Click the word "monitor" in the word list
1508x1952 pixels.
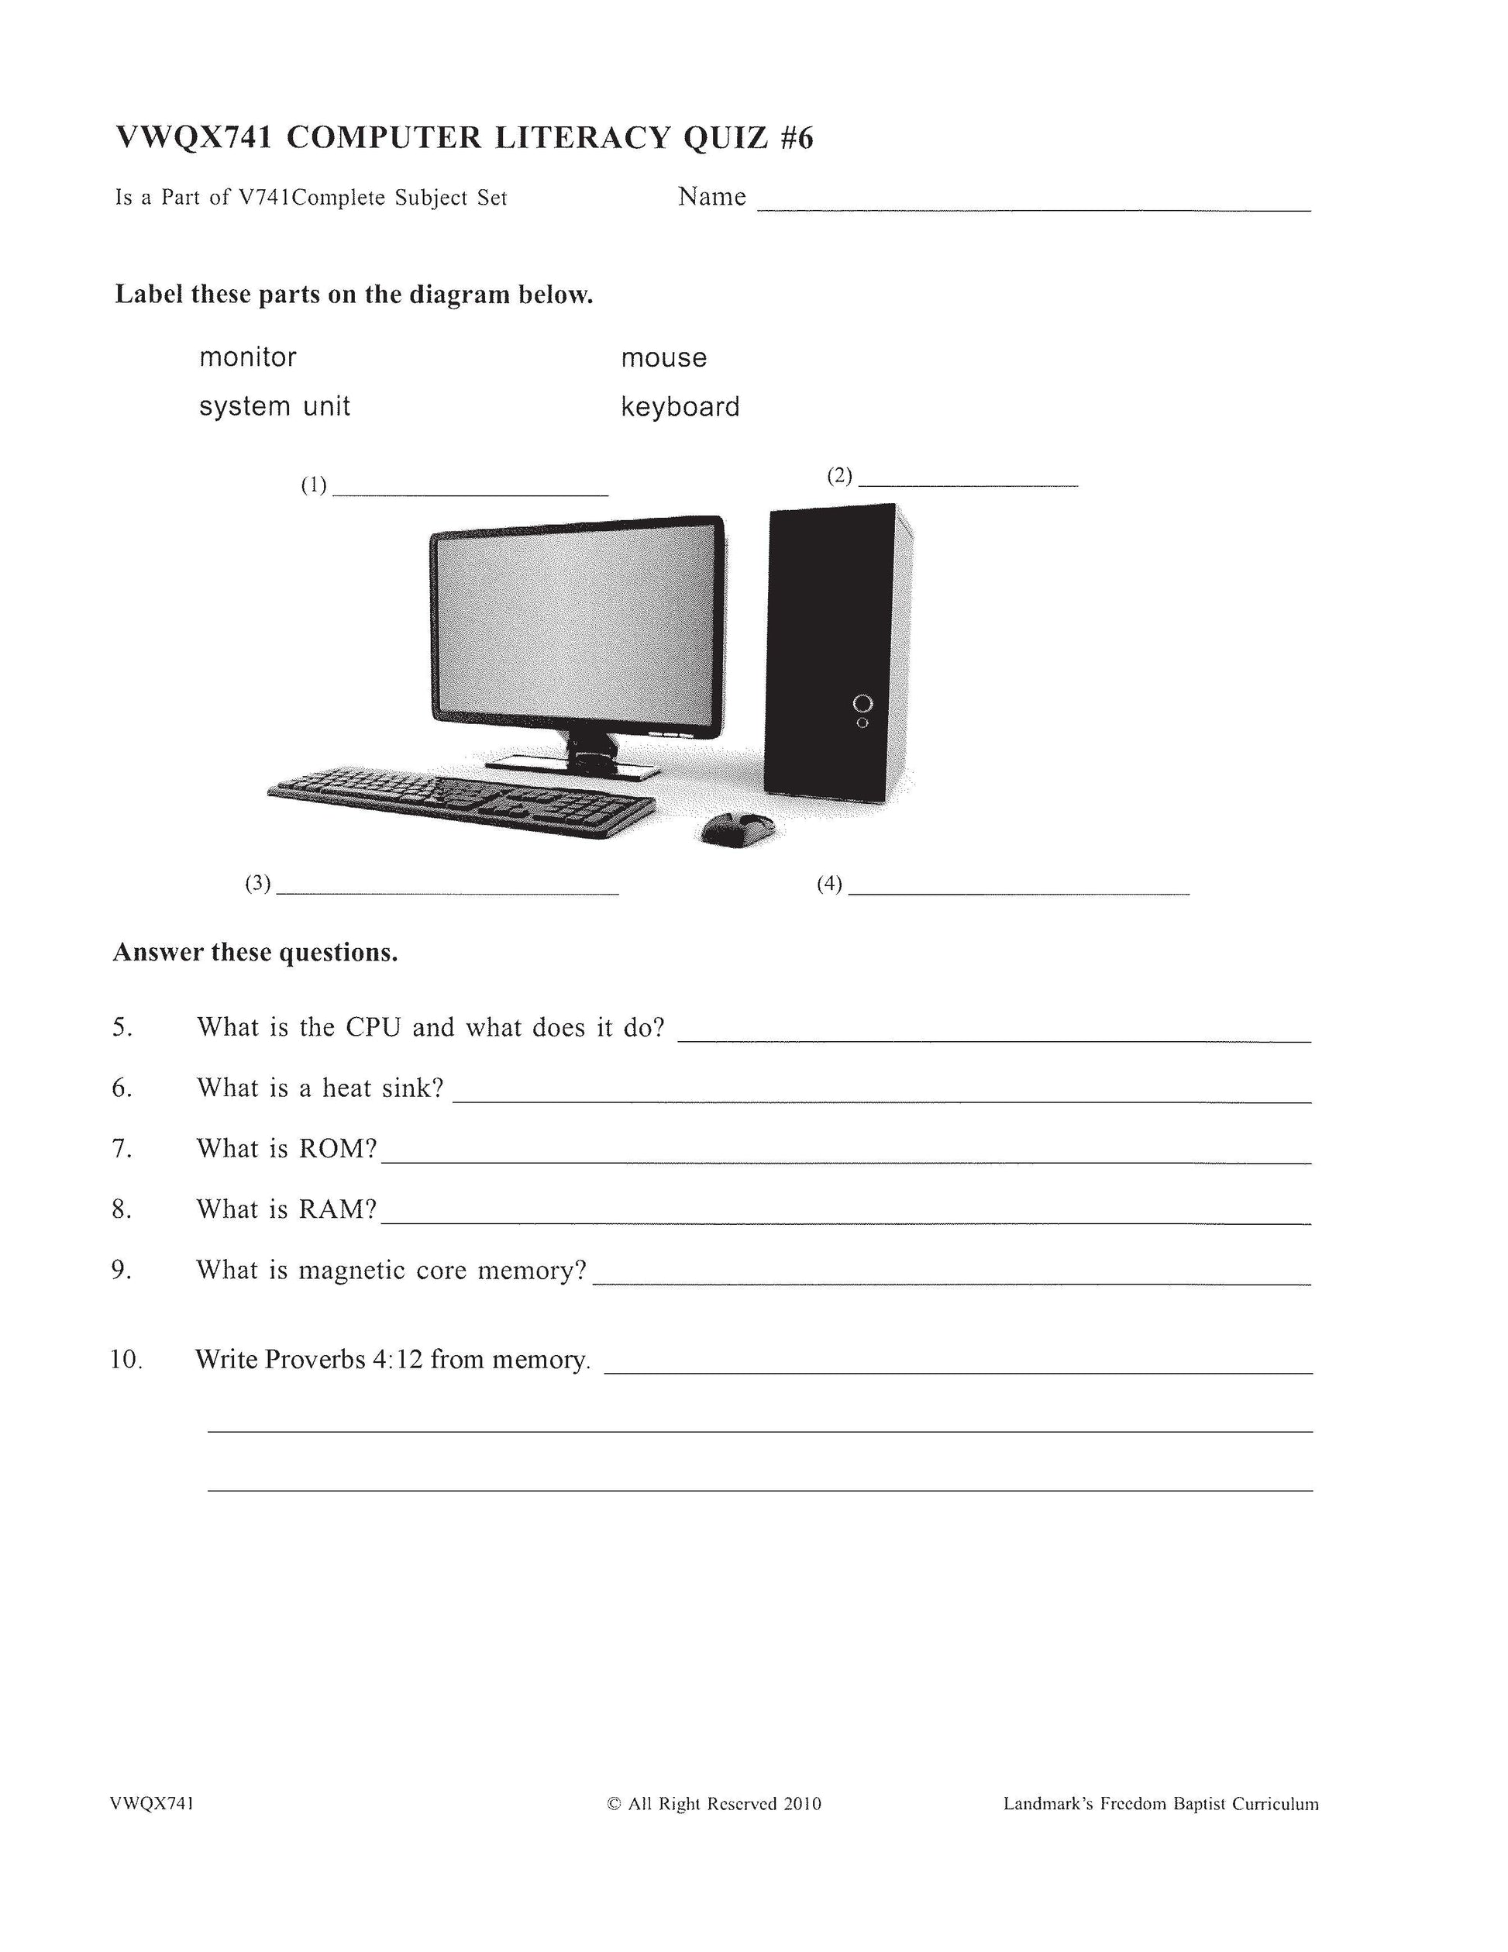pos(247,357)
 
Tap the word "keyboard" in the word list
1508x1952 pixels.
pos(680,408)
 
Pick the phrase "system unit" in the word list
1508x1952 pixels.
pos(274,407)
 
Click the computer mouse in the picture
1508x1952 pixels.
pos(736,829)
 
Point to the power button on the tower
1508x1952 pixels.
pos(862,702)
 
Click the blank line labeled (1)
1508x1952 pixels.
pos(470,493)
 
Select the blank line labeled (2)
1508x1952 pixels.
pos(968,484)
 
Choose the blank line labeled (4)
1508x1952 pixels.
pos(1018,892)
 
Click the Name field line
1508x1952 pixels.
pos(1034,209)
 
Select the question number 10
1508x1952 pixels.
pos(126,1360)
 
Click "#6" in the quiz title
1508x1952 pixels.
pos(796,139)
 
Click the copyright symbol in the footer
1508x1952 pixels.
pos(614,1804)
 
